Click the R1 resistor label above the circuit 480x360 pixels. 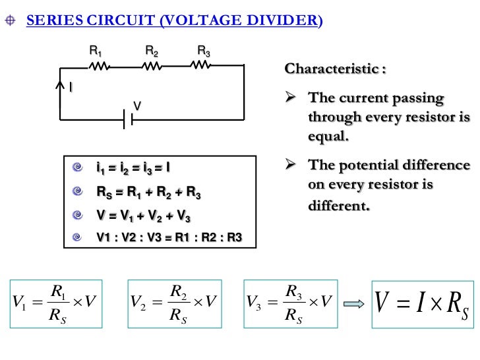96,51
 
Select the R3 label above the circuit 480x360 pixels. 204,51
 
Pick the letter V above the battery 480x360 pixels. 138,105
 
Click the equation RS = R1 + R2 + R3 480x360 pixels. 148,193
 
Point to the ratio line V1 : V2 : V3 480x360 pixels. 169,238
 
